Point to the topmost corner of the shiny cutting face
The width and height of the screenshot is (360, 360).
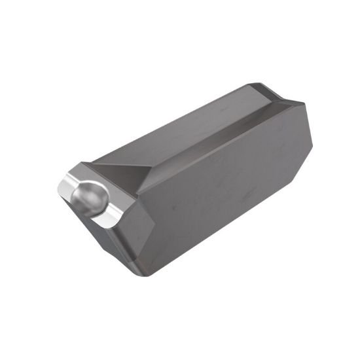tap(82, 163)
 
